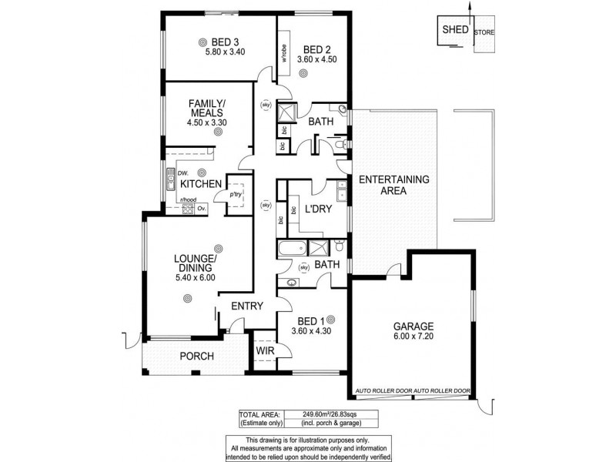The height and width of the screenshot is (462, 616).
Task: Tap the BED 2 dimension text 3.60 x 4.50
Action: tap(317, 59)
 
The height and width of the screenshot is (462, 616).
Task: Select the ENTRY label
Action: tap(247, 306)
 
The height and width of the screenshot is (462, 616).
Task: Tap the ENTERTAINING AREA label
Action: tap(394, 185)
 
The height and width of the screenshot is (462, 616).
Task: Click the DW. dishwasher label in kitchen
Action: tap(183, 172)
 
